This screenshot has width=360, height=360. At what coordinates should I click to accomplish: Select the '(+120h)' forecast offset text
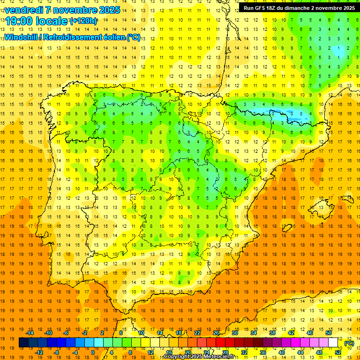click(83, 21)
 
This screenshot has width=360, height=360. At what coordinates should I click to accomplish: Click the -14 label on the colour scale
click(30, 333)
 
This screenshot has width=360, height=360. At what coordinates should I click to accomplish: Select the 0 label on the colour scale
click(93, 352)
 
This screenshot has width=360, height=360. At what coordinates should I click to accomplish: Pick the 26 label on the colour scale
click(216, 333)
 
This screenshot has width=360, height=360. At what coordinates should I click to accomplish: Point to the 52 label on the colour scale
click(338, 352)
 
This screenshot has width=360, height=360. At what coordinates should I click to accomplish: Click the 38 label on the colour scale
click(272, 333)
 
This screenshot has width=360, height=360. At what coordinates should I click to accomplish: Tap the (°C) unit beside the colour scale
click(349, 343)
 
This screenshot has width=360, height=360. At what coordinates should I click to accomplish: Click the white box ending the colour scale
click(333, 343)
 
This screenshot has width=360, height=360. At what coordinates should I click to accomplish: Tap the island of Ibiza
click(287, 228)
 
